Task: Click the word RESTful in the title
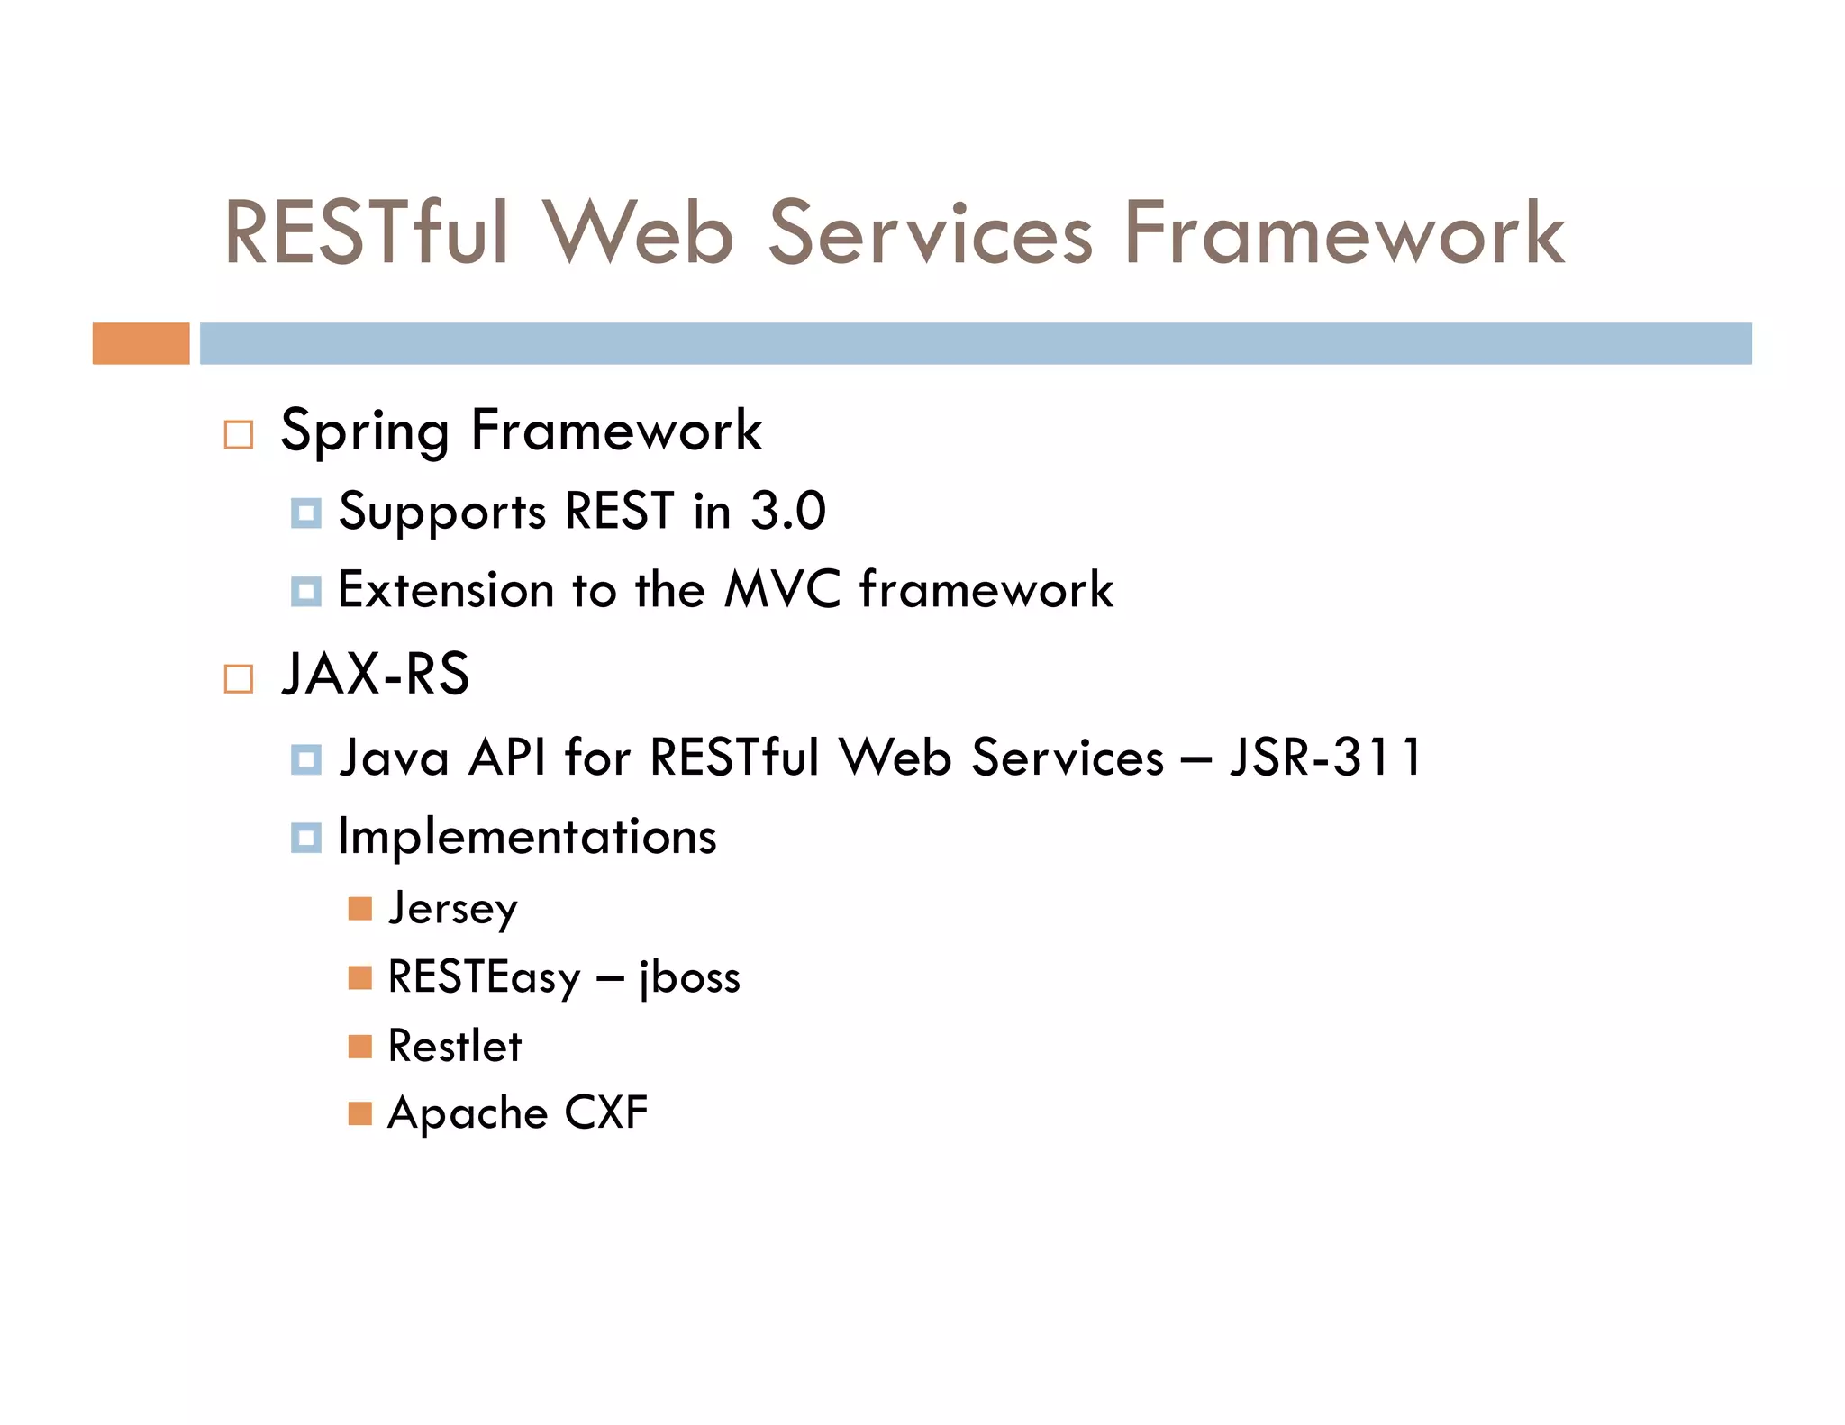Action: tap(367, 232)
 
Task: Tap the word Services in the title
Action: tap(930, 232)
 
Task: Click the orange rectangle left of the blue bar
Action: tap(141, 343)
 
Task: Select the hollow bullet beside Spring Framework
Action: tap(239, 434)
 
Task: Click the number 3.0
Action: tap(788, 511)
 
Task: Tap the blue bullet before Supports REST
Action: tap(306, 513)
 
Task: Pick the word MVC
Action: tap(782, 590)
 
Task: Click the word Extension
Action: tap(445, 590)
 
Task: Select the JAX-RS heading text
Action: tap(376, 674)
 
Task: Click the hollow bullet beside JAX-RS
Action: tap(239, 678)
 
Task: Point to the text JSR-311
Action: tap(1325, 757)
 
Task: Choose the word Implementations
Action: tap(527, 837)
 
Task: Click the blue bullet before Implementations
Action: tap(306, 838)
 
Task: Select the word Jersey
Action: tap(452, 909)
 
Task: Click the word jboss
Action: tap(689, 977)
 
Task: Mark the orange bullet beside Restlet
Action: tap(360, 1047)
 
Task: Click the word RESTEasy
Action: tap(485, 977)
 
